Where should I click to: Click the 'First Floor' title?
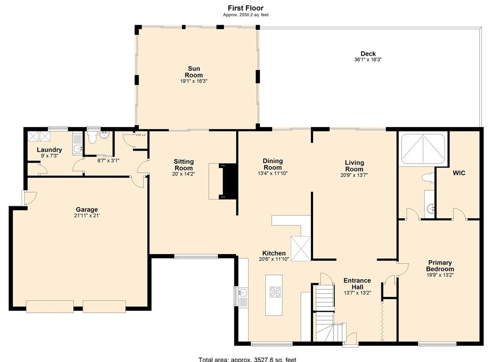pyautogui.click(x=245, y=8)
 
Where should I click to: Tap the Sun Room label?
pyautogui.click(x=194, y=72)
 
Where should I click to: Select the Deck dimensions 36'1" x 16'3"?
pyautogui.click(x=368, y=60)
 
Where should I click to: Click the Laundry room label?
pyautogui.click(x=49, y=150)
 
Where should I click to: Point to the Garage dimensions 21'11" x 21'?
pyautogui.click(x=87, y=216)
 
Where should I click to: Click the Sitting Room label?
pyautogui.click(x=184, y=165)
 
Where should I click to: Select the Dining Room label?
pyautogui.click(x=273, y=165)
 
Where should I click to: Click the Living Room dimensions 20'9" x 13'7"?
pyautogui.click(x=354, y=174)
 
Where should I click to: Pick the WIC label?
pyautogui.click(x=459, y=173)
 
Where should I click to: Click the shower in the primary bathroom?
pyautogui.click(x=423, y=149)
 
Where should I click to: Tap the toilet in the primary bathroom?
pyautogui.click(x=427, y=176)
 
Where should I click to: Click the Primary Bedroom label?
pyautogui.click(x=439, y=266)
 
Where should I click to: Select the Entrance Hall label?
pyautogui.click(x=357, y=284)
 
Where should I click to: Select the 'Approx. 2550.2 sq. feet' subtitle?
pyautogui.click(x=245, y=15)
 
